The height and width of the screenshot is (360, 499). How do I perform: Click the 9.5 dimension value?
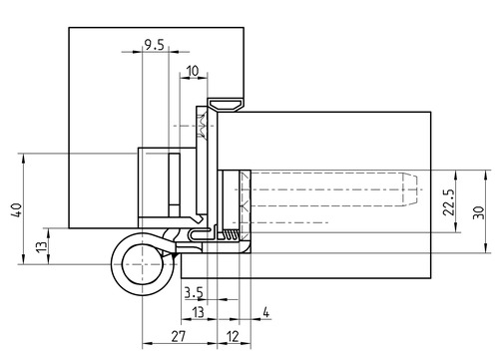(155, 45)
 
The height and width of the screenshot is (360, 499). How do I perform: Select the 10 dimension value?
(193, 71)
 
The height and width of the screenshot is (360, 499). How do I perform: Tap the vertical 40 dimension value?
(17, 210)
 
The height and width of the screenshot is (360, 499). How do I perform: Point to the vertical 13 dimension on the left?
(42, 246)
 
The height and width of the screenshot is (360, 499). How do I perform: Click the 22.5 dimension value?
(448, 202)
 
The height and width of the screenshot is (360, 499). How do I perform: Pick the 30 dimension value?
(478, 212)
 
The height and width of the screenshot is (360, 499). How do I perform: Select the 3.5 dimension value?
(194, 293)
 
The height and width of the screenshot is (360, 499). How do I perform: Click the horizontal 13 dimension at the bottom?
(198, 312)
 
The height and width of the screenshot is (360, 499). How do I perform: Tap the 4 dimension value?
(265, 312)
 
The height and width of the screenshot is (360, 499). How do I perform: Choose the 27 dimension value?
(179, 337)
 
